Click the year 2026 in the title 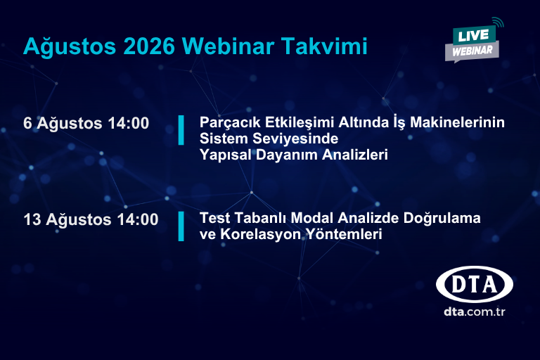(149, 46)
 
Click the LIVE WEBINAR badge (473, 41)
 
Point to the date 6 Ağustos (63, 124)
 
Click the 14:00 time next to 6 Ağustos (129, 123)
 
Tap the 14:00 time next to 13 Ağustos (138, 219)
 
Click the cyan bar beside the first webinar (181, 130)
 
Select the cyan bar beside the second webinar (181, 226)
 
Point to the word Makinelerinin (457, 122)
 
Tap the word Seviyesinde (295, 139)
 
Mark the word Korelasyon (261, 234)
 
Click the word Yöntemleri (345, 234)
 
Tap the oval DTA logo (475, 285)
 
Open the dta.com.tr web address (475, 311)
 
